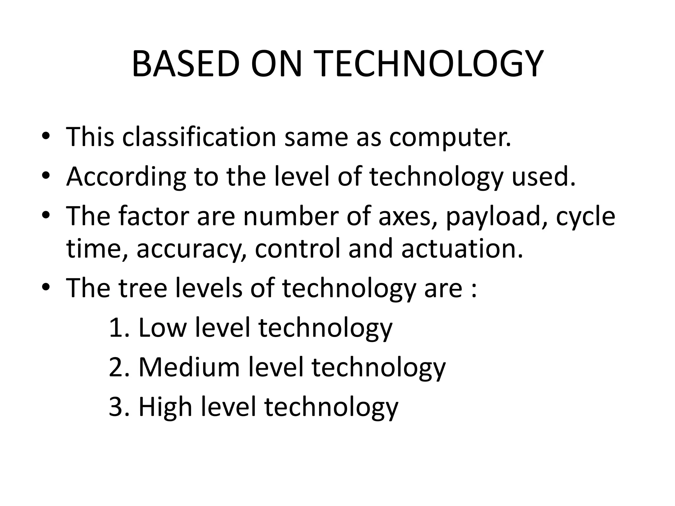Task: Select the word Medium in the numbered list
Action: tap(189, 367)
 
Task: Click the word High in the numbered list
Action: tap(165, 407)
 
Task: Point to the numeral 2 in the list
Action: tap(116, 367)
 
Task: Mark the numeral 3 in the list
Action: tap(116, 407)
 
